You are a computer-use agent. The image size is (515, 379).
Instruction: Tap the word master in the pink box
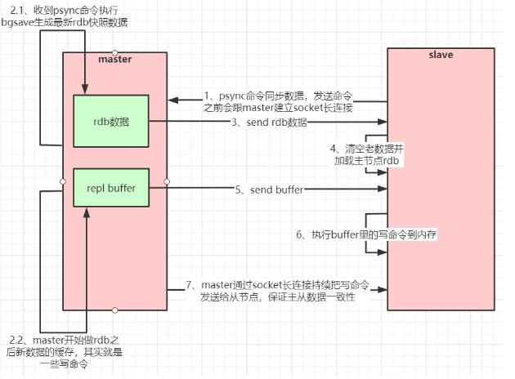(x=114, y=60)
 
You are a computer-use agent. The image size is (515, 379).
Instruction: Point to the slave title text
(x=441, y=55)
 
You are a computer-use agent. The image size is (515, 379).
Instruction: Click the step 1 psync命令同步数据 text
(x=278, y=95)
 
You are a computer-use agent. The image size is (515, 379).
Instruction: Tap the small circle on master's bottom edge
(x=114, y=311)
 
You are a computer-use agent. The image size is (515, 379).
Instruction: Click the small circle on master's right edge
(x=167, y=181)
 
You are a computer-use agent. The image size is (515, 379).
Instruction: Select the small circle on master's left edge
(x=63, y=181)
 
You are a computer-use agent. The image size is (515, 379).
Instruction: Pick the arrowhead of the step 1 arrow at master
(x=172, y=100)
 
